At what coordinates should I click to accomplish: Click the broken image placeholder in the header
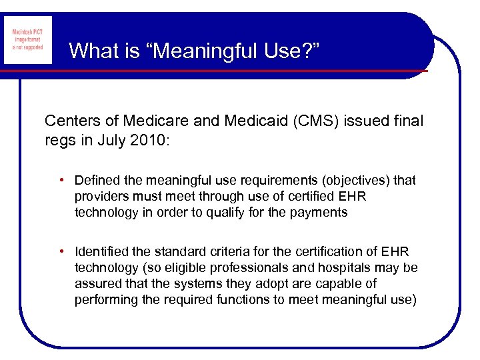point(28,41)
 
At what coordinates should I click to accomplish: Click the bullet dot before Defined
point(61,180)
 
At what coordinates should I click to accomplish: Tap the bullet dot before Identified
point(61,251)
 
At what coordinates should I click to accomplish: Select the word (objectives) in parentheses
point(357,180)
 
